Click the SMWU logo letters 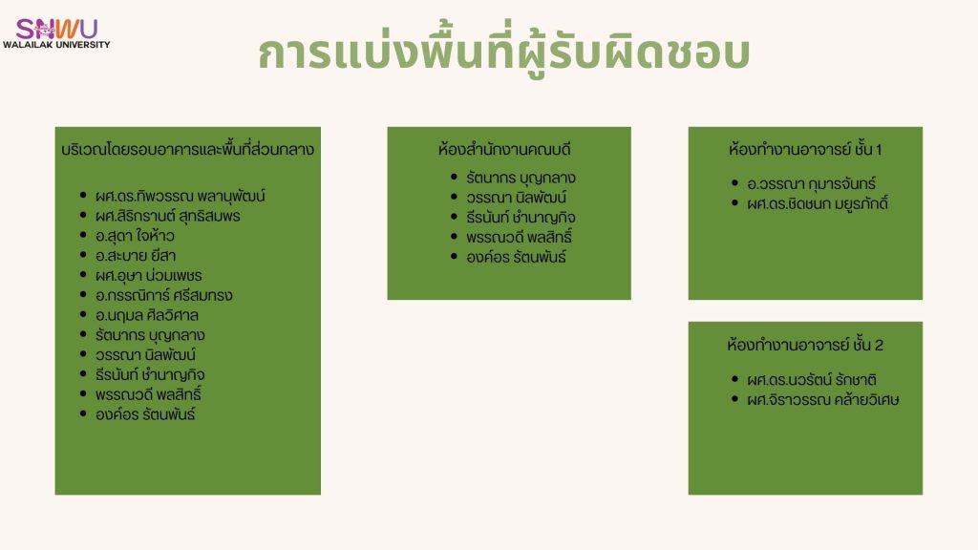56,29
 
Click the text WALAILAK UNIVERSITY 56,45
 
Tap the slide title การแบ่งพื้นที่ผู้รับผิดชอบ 504,53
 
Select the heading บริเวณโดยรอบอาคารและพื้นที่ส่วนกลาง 188,150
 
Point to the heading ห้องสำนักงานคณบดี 504,150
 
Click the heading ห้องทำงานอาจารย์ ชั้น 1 805,150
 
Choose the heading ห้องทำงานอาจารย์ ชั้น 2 805,345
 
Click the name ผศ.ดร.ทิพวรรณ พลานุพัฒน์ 181,196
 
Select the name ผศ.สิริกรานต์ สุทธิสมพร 168,216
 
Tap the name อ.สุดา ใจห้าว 135,236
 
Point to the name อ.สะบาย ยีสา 136,256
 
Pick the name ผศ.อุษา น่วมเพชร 148,276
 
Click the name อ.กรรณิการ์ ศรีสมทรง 164,295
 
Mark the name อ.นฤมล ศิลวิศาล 146,315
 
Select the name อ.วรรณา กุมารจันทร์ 812,184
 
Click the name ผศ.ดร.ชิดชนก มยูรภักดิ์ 818,203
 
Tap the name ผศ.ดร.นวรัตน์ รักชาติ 812,380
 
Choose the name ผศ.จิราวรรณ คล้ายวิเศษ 823,400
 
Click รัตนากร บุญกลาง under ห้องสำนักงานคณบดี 521,178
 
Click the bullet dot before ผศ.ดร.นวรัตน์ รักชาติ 734,378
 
